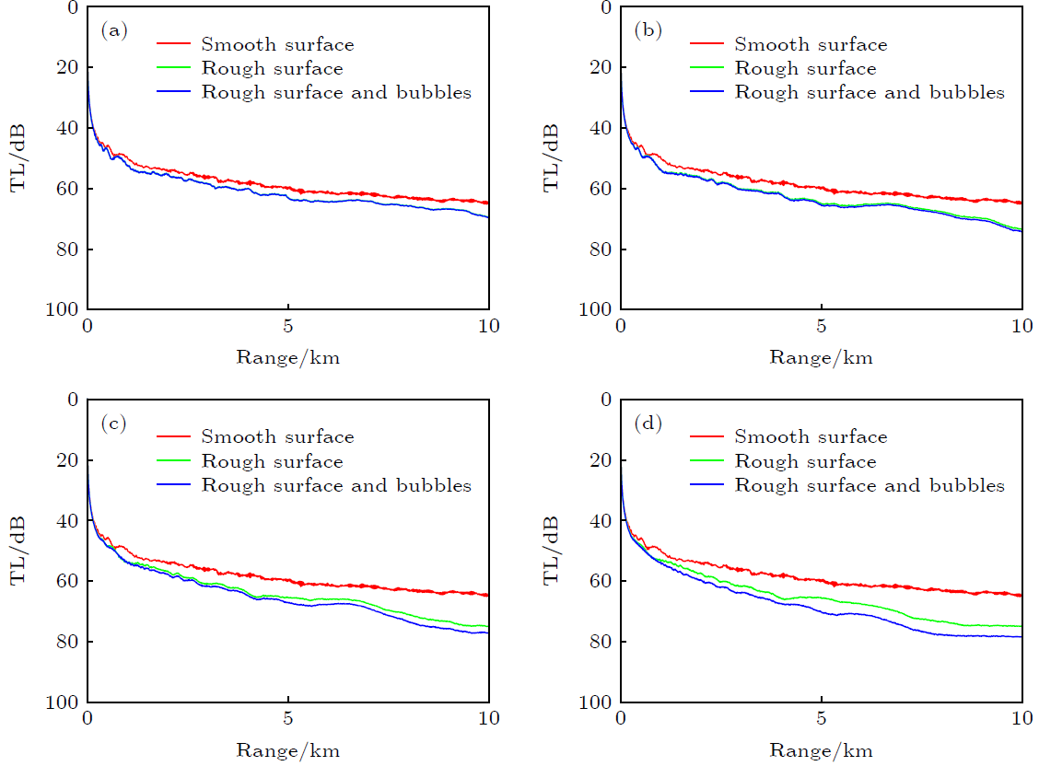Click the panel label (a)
click(x=113, y=31)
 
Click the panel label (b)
click(x=647, y=31)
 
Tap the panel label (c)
click(x=113, y=424)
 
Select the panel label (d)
click(x=647, y=424)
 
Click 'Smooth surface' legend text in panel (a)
click(x=277, y=44)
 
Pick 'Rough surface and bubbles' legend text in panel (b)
click(x=869, y=92)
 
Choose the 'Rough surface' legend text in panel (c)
click(x=272, y=461)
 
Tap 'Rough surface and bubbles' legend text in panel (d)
click(x=869, y=485)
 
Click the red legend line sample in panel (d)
click(x=708, y=437)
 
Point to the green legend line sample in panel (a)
click(x=175, y=69)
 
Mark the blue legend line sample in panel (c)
click(x=175, y=485)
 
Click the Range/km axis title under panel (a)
click(x=288, y=357)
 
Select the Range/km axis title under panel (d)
click(x=822, y=750)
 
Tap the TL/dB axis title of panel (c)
click(x=18, y=551)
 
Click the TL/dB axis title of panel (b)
click(x=552, y=157)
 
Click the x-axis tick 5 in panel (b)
click(x=821, y=328)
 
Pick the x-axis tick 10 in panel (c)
click(x=488, y=720)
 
